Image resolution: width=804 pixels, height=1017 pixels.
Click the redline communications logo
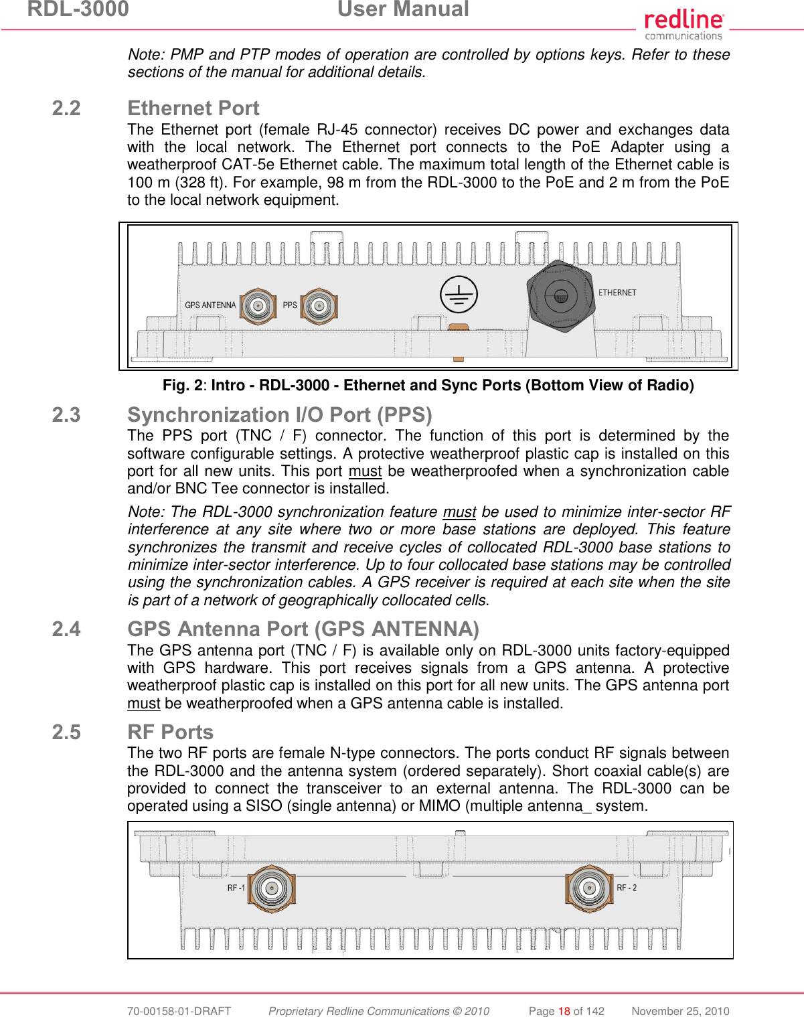coord(684,25)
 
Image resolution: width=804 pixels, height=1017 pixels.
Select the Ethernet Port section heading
coord(193,108)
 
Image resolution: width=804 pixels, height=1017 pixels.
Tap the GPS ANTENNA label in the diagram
coord(210,305)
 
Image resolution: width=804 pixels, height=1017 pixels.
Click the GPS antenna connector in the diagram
coord(257,306)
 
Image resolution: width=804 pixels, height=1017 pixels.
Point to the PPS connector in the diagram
coord(319,306)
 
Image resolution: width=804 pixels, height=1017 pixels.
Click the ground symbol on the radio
coord(459,295)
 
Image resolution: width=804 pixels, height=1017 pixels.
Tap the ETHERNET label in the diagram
coord(617,293)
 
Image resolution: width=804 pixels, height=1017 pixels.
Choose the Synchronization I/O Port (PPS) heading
coord(279,415)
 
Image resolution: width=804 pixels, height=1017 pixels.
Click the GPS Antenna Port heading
coord(303,629)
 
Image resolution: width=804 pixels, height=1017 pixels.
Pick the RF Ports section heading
coord(170,732)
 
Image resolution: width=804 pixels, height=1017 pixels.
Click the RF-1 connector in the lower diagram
coord(270,888)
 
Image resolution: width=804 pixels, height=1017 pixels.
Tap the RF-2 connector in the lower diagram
coord(589,888)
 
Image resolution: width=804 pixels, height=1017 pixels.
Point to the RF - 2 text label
coord(627,888)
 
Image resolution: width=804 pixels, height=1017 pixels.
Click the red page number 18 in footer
coord(564,1011)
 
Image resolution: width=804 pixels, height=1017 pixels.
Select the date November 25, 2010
coord(680,1011)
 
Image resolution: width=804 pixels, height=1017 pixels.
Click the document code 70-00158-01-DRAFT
coord(179,1011)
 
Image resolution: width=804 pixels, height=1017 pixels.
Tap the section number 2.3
coord(66,415)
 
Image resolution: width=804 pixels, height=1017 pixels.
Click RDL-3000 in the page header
coord(78,9)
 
